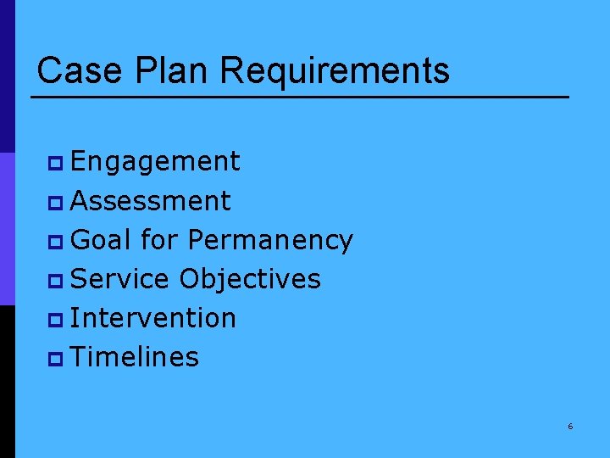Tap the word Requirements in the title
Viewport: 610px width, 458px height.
coord(335,71)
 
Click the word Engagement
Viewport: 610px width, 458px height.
coord(156,162)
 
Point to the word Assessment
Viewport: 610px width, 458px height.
coord(151,201)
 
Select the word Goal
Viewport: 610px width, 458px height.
coord(102,240)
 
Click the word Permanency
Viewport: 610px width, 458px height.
coord(270,241)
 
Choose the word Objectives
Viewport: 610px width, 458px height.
coord(250,280)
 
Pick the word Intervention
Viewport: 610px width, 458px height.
coord(153,318)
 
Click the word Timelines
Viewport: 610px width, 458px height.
coord(136,357)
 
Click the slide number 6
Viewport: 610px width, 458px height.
coord(570,427)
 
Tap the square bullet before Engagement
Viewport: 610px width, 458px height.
coord(55,163)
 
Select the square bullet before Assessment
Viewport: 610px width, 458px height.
coord(55,202)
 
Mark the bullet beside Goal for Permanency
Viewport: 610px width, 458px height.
coord(55,241)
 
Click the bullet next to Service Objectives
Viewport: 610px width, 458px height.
coord(55,280)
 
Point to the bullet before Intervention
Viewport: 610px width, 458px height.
coord(55,319)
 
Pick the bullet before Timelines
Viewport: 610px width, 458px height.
coord(55,358)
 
